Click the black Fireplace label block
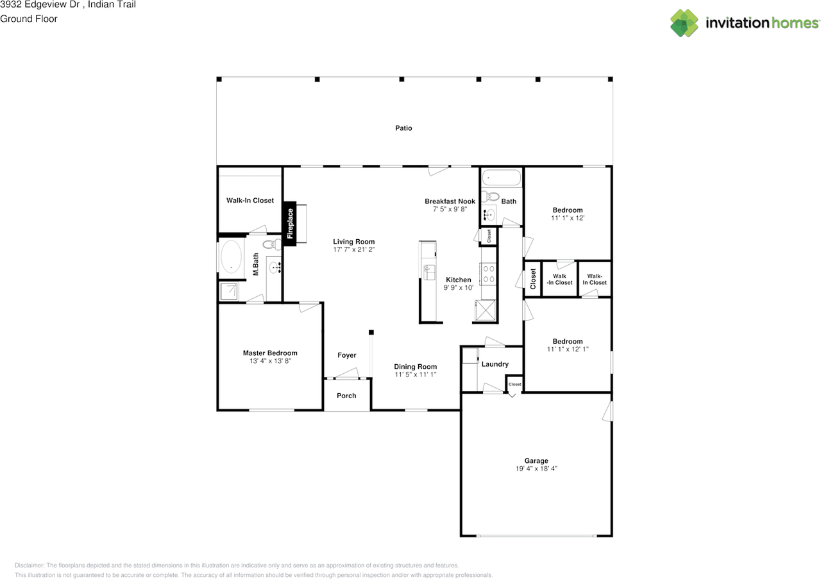(x=290, y=224)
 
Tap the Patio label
(x=403, y=128)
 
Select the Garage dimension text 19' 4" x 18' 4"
(x=536, y=469)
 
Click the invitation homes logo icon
(x=684, y=23)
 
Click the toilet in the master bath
(x=271, y=244)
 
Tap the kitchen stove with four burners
(x=489, y=274)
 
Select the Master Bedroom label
(x=270, y=353)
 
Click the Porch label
(x=346, y=396)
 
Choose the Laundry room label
(x=495, y=364)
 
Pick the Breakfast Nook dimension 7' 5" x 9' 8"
(x=450, y=209)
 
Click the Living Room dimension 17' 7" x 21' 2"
(x=353, y=249)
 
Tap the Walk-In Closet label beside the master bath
(x=250, y=201)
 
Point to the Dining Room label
(x=415, y=367)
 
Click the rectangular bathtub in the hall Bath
(x=502, y=177)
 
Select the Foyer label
(x=346, y=355)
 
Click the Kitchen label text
(x=459, y=280)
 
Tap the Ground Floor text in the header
(x=29, y=19)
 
